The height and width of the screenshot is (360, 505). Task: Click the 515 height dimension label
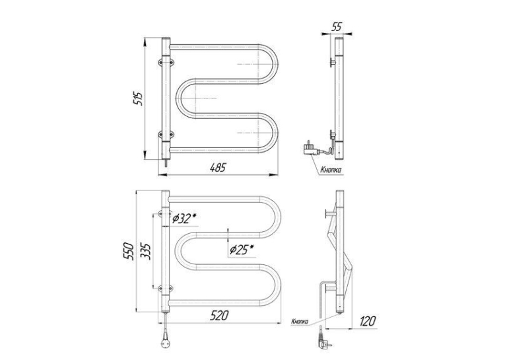click(x=139, y=98)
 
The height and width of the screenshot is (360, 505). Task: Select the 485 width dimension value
click(x=218, y=168)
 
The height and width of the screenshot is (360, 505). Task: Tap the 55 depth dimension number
click(x=336, y=26)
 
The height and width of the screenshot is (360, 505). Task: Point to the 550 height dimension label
click(x=129, y=251)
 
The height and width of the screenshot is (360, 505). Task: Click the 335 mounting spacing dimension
click(x=146, y=251)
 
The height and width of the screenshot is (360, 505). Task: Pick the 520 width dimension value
click(x=219, y=315)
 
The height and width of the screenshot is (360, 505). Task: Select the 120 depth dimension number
click(x=367, y=321)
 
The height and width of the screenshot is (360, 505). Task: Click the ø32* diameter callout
click(x=184, y=219)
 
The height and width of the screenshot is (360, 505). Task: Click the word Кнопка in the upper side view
click(x=331, y=170)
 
